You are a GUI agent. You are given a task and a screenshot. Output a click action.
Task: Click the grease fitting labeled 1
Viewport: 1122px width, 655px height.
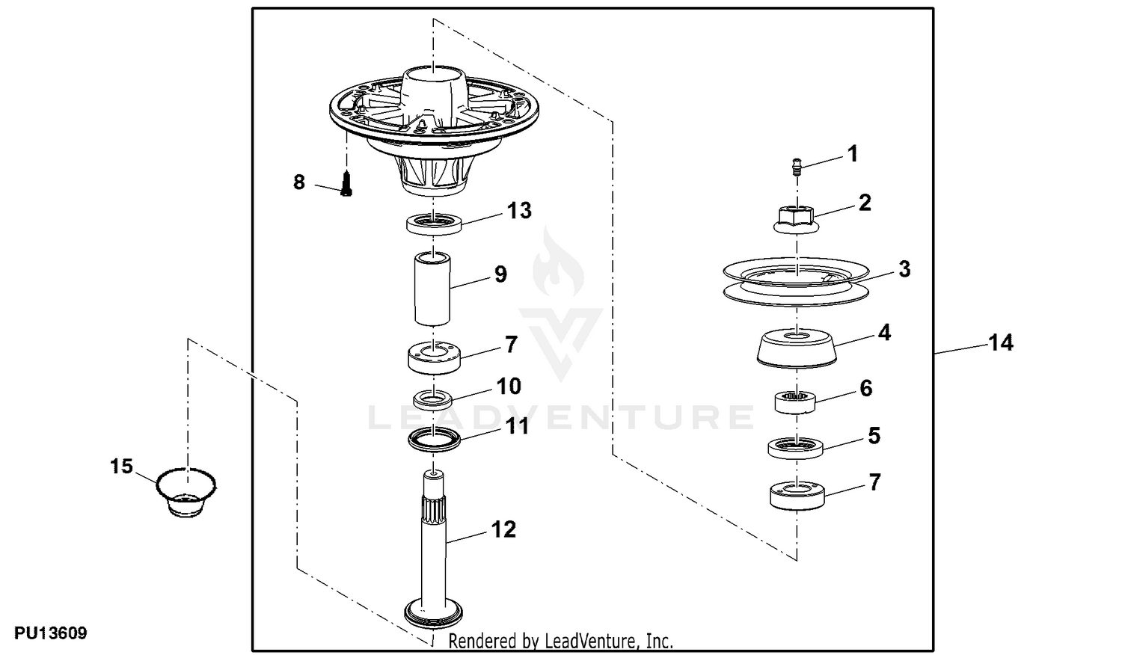[x=797, y=166]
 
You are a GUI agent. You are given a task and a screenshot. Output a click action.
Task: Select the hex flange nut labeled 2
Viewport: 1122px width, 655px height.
[x=797, y=220]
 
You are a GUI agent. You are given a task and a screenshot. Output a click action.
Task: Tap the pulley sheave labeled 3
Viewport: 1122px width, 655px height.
[x=796, y=282]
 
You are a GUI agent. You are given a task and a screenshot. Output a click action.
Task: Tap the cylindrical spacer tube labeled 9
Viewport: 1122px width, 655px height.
[x=432, y=289]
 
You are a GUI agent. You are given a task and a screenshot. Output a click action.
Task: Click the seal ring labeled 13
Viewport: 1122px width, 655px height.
[x=433, y=223]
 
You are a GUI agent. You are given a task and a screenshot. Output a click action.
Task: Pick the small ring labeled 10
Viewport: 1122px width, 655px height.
[x=433, y=399]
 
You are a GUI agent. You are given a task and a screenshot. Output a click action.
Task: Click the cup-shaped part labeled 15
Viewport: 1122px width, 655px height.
[x=186, y=492]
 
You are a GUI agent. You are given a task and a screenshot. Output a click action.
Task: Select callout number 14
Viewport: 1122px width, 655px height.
[x=1000, y=343]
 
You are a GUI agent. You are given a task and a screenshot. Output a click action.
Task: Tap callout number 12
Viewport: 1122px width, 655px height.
[x=503, y=529]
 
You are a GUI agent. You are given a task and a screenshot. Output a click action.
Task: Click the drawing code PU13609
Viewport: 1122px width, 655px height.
[x=51, y=633]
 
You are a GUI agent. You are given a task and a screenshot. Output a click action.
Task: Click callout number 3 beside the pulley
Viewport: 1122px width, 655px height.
[x=904, y=269]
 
